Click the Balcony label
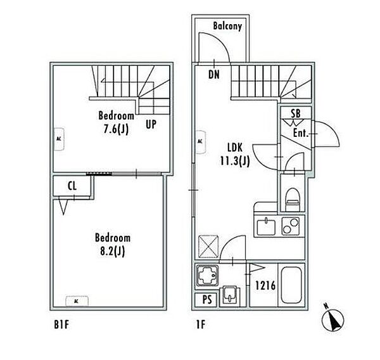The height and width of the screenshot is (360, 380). [x=227, y=26]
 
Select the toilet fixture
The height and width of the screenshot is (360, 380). [x=292, y=200]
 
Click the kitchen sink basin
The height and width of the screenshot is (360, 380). [x=266, y=227]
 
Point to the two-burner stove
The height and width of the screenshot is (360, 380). [x=290, y=226]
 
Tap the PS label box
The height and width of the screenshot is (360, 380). [x=206, y=300]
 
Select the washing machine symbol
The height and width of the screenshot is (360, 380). [x=208, y=276]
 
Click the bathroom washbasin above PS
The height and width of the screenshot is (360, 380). [x=230, y=296]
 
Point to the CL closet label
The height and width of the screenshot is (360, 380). [x=72, y=186]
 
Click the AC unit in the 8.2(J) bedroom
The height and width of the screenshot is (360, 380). [x=77, y=301]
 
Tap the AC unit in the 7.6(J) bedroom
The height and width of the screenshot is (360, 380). [x=59, y=139]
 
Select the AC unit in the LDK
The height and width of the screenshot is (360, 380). [x=201, y=142]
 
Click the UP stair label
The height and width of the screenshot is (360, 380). [x=151, y=124]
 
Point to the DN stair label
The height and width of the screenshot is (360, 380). [x=214, y=75]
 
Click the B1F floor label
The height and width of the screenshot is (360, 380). [x=61, y=325]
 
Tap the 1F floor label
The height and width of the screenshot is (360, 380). [x=201, y=325]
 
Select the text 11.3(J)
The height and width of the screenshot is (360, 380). [x=234, y=161]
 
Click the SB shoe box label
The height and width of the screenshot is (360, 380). [x=295, y=113]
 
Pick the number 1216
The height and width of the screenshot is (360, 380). [x=265, y=285]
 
